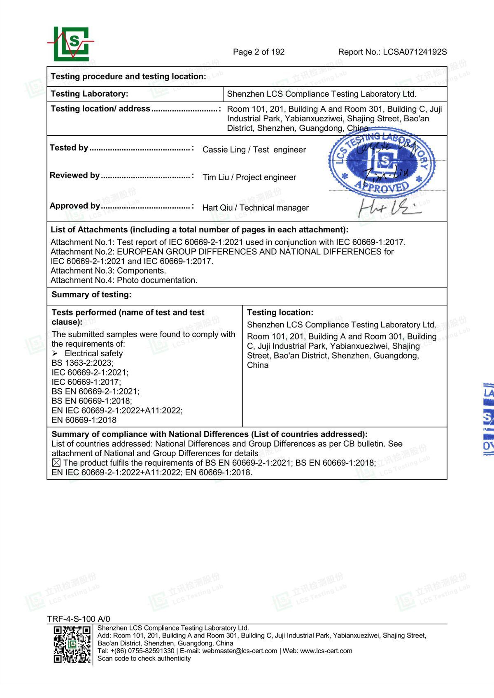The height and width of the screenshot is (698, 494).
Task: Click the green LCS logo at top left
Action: (x=71, y=44)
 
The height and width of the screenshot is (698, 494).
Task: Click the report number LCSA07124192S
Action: (x=415, y=52)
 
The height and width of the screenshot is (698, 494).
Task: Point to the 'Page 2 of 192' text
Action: (x=259, y=52)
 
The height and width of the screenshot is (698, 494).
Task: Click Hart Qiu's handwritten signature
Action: (x=389, y=208)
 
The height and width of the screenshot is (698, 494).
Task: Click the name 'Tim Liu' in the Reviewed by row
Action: (x=216, y=177)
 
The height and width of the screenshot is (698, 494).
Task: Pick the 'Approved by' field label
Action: (x=75, y=206)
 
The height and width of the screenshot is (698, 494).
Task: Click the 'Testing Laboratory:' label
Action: (x=89, y=94)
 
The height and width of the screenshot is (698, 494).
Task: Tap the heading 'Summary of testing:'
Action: (x=91, y=295)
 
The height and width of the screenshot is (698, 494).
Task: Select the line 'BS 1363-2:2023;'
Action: (x=82, y=363)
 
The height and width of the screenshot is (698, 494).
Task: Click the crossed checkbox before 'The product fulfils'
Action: (x=56, y=463)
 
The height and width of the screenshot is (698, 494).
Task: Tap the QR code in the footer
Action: (x=72, y=645)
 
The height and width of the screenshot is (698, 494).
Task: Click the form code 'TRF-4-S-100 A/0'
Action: (x=79, y=619)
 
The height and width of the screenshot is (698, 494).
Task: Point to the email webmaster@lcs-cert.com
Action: (x=240, y=651)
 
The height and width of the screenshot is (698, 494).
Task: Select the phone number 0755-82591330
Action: (x=151, y=651)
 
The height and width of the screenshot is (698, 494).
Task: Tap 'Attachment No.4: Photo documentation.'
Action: (x=124, y=280)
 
